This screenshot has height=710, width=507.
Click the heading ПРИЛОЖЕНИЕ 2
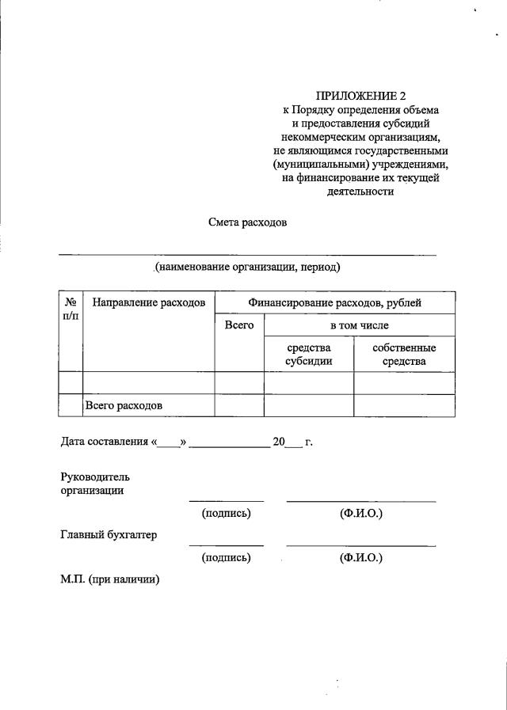tap(360, 96)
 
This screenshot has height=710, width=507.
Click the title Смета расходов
tap(247, 222)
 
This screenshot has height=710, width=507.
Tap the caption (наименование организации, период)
tap(248, 268)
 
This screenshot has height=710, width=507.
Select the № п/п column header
tap(71, 309)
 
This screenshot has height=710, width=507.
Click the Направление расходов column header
tap(149, 302)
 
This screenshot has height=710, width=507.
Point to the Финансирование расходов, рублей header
tap(334, 302)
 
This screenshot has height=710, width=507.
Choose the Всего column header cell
tap(239, 325)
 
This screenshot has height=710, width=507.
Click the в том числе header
tap(360, 325)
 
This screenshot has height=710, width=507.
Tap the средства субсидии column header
tap(308, 355)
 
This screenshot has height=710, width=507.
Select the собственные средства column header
tap(404, 355)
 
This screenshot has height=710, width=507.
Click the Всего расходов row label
tap(124, 405)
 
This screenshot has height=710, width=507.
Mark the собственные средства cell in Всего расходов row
tap(404, 405)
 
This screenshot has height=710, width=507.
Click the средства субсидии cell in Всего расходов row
tap(308, 405)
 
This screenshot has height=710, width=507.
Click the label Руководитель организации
tap(95, 484)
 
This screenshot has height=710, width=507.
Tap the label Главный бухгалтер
tap(109, 534)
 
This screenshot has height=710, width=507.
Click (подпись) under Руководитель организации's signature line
tap(227, 514)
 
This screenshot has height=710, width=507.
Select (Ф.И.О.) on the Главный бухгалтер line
tap(360, 558)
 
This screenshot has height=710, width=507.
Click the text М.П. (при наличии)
tap(110, 579)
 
